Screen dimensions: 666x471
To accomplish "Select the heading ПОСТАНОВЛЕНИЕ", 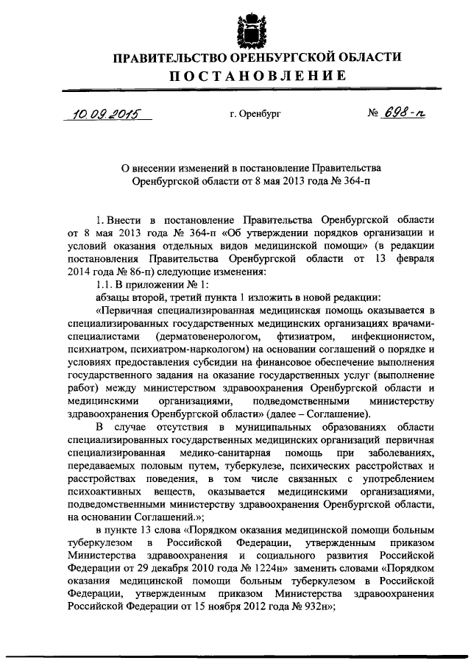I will pos(250,76).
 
